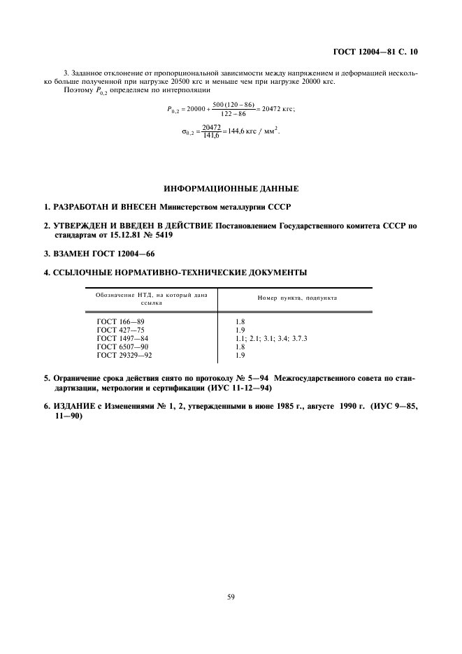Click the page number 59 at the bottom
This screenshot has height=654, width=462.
(231, 596)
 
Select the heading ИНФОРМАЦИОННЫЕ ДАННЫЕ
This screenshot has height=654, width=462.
(231, 189)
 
